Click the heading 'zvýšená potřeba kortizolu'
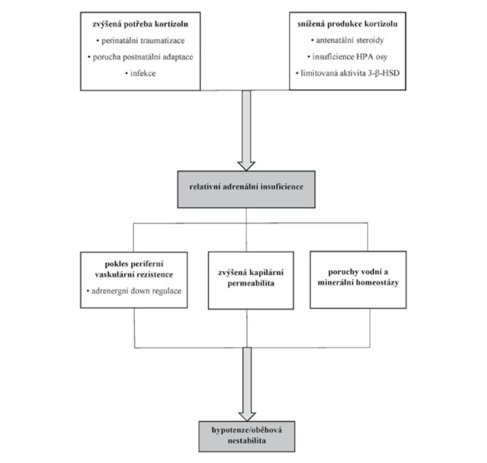tap(140, 24)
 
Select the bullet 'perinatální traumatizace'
tap(140, 41)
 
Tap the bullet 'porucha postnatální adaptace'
tap(140, 57)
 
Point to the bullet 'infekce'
tap(140, 74)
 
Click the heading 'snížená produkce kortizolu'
tap(347, 24)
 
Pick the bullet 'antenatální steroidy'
tap(347, 41)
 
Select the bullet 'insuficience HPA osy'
tap(347, 57)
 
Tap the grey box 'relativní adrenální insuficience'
tap(246, 189)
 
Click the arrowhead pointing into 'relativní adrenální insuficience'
tap(246, 166)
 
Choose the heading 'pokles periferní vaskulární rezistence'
tap(134, 269)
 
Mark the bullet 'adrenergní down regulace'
tap(134, 291)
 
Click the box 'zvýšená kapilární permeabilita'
tap(251, 280)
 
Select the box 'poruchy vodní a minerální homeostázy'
tap(358, 280)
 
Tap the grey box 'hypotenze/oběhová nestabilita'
tap(247, 436)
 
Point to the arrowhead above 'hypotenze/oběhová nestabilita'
tap(247, 417)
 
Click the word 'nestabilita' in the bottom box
tap(247, 440)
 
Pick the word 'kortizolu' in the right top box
tap(381, 24)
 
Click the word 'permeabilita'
tap(251, 284)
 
